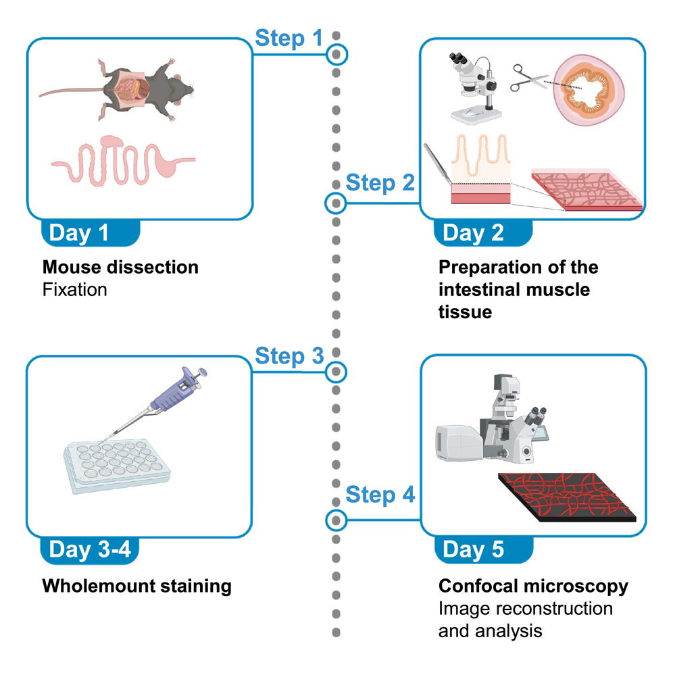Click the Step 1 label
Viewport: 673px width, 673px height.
pos(289,39)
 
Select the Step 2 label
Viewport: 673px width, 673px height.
pos(380,182)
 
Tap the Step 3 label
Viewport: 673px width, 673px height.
pos(289,355)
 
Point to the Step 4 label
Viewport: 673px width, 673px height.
pos(380,495)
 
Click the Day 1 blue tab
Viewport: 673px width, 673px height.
pos(89,233)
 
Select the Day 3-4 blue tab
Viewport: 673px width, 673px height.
pos(89,549)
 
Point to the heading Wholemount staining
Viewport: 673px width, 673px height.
pos(136,585)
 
